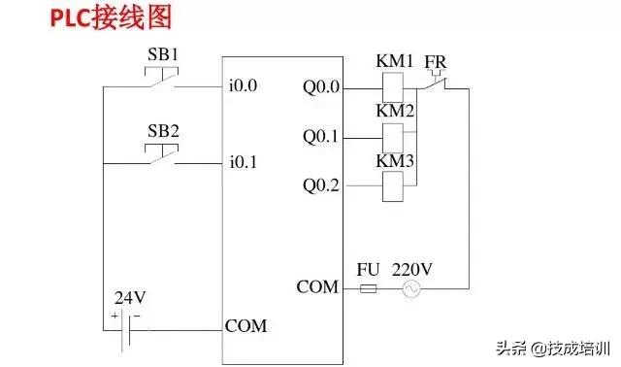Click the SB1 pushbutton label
click(x=162, y=55)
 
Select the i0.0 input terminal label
click(x=243, y=85)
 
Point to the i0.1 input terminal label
click(x=243, y=162)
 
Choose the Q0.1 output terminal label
click(x=321, y=138)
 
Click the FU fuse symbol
click(x=369, y=289)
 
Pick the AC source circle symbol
click(x=411, y=289)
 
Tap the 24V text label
click(x=129, y=298)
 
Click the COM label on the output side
click(x=317, y=287)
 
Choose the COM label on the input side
click(x=245, y=325)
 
